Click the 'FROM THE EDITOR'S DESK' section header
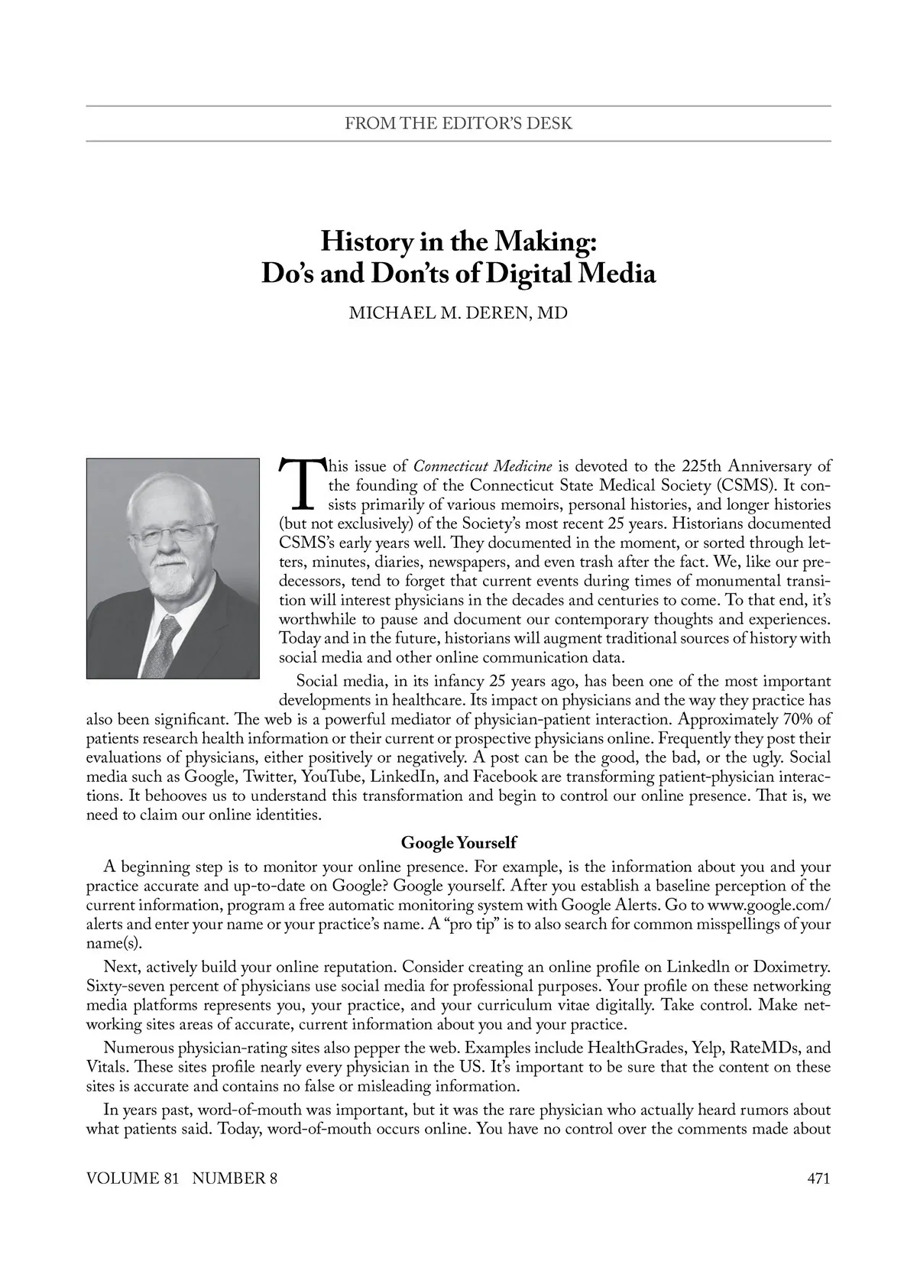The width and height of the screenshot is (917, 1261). click(458, 123)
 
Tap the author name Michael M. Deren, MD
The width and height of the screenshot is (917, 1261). click(458, 313)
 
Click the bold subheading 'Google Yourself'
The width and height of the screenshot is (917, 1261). click(458, 843)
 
